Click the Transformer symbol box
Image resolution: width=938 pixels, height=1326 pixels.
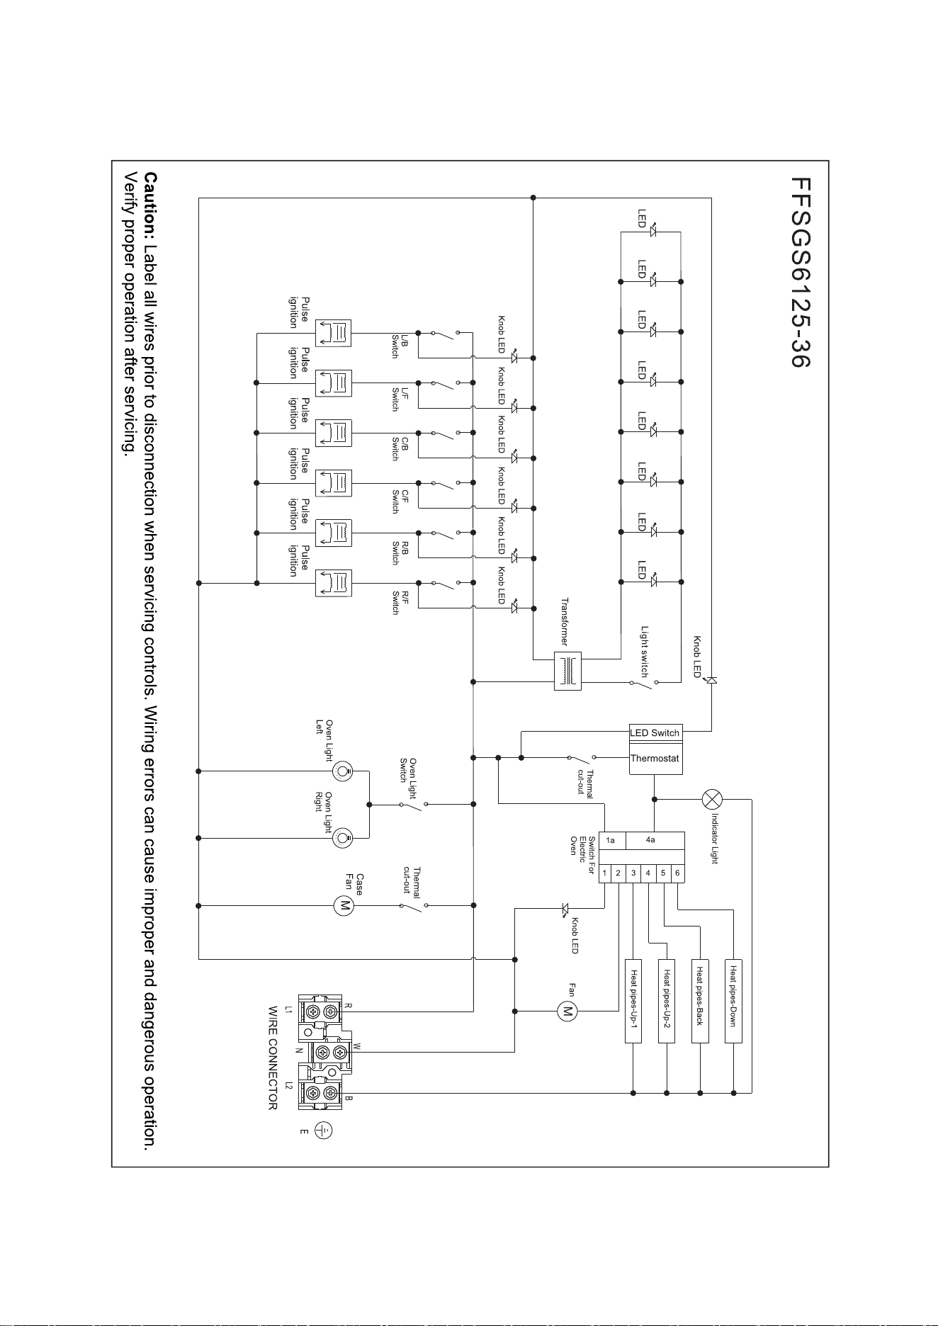567,670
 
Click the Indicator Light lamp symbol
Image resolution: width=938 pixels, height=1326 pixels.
712,799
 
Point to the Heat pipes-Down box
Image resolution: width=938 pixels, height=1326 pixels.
733,1001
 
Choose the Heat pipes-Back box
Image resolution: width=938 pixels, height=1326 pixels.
700,1001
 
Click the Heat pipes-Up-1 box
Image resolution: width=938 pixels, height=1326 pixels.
633,1001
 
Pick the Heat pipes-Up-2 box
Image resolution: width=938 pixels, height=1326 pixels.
667,1001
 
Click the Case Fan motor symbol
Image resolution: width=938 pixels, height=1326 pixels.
344,905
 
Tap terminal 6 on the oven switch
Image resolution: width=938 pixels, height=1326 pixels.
677,873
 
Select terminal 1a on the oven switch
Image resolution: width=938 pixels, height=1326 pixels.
611,840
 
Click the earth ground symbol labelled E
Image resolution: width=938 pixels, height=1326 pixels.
324,1130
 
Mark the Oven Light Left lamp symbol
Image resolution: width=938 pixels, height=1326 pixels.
344,771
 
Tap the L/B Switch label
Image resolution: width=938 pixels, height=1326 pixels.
400,346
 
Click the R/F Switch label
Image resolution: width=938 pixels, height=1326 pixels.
400,602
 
